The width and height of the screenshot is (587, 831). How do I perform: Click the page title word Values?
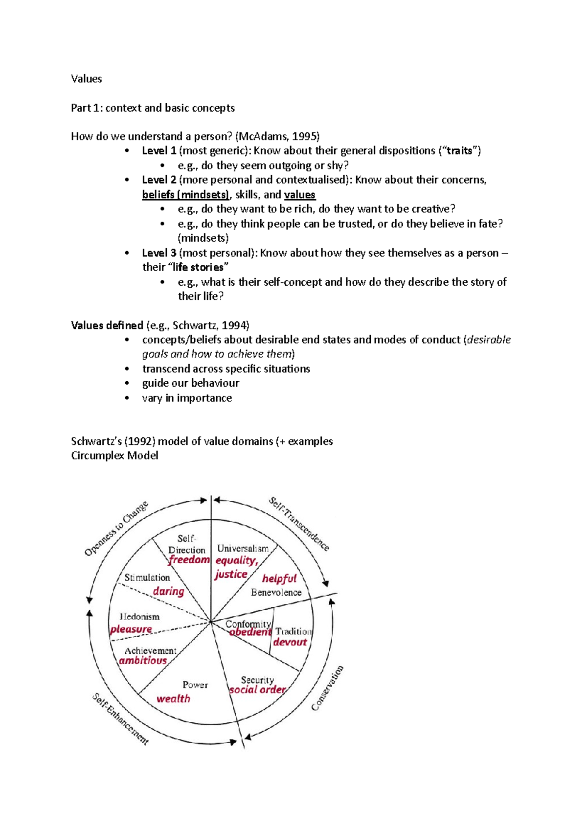click(86, 79)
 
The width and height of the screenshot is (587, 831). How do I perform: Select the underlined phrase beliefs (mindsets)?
click(185, 195)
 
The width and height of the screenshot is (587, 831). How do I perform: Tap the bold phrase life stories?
click(198, 267)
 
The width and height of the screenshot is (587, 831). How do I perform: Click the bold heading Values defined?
click(107, 325)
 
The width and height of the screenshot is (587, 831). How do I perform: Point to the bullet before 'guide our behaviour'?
click(127, 383)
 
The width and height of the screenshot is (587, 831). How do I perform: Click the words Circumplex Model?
click(114, 456)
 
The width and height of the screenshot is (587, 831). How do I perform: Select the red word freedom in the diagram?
click(189, 559)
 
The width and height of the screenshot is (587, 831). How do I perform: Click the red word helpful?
click(279, 578)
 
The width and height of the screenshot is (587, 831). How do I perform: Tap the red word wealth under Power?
click(173, 699)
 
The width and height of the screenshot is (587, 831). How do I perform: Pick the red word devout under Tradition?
click(290, 642)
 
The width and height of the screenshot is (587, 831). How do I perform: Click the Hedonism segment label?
click(140, 617)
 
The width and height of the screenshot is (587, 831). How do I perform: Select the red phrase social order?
click(257, 690)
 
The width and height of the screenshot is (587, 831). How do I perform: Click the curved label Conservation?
click(328, 688)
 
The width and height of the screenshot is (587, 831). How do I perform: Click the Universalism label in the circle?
click(243, 549)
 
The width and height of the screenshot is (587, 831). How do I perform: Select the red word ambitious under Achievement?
click(143, 661)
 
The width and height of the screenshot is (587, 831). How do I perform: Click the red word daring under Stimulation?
click(168, 591)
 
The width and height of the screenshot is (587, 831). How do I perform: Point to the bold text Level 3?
click(159, 253)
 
